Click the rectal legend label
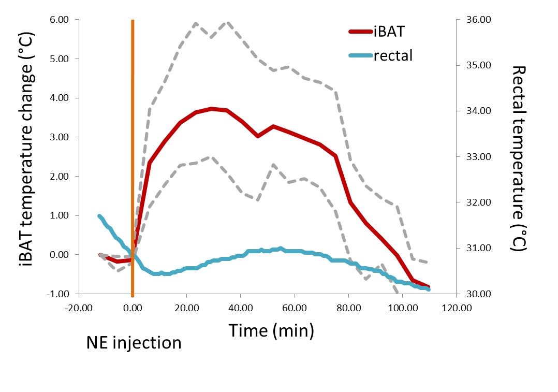tap(393, 55)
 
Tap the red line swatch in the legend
tap(361, 32)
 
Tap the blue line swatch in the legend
tap(361, 55)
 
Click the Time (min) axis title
tap(271, 330)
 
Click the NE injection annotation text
tap(134, 342)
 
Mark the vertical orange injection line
tap(133, 155)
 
